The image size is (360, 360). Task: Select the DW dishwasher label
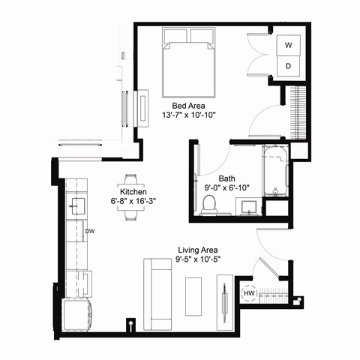(x=88, y=231)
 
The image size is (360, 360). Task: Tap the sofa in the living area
(x=158, y=294)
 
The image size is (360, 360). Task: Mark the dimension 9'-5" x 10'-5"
(x=199, y=259)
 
